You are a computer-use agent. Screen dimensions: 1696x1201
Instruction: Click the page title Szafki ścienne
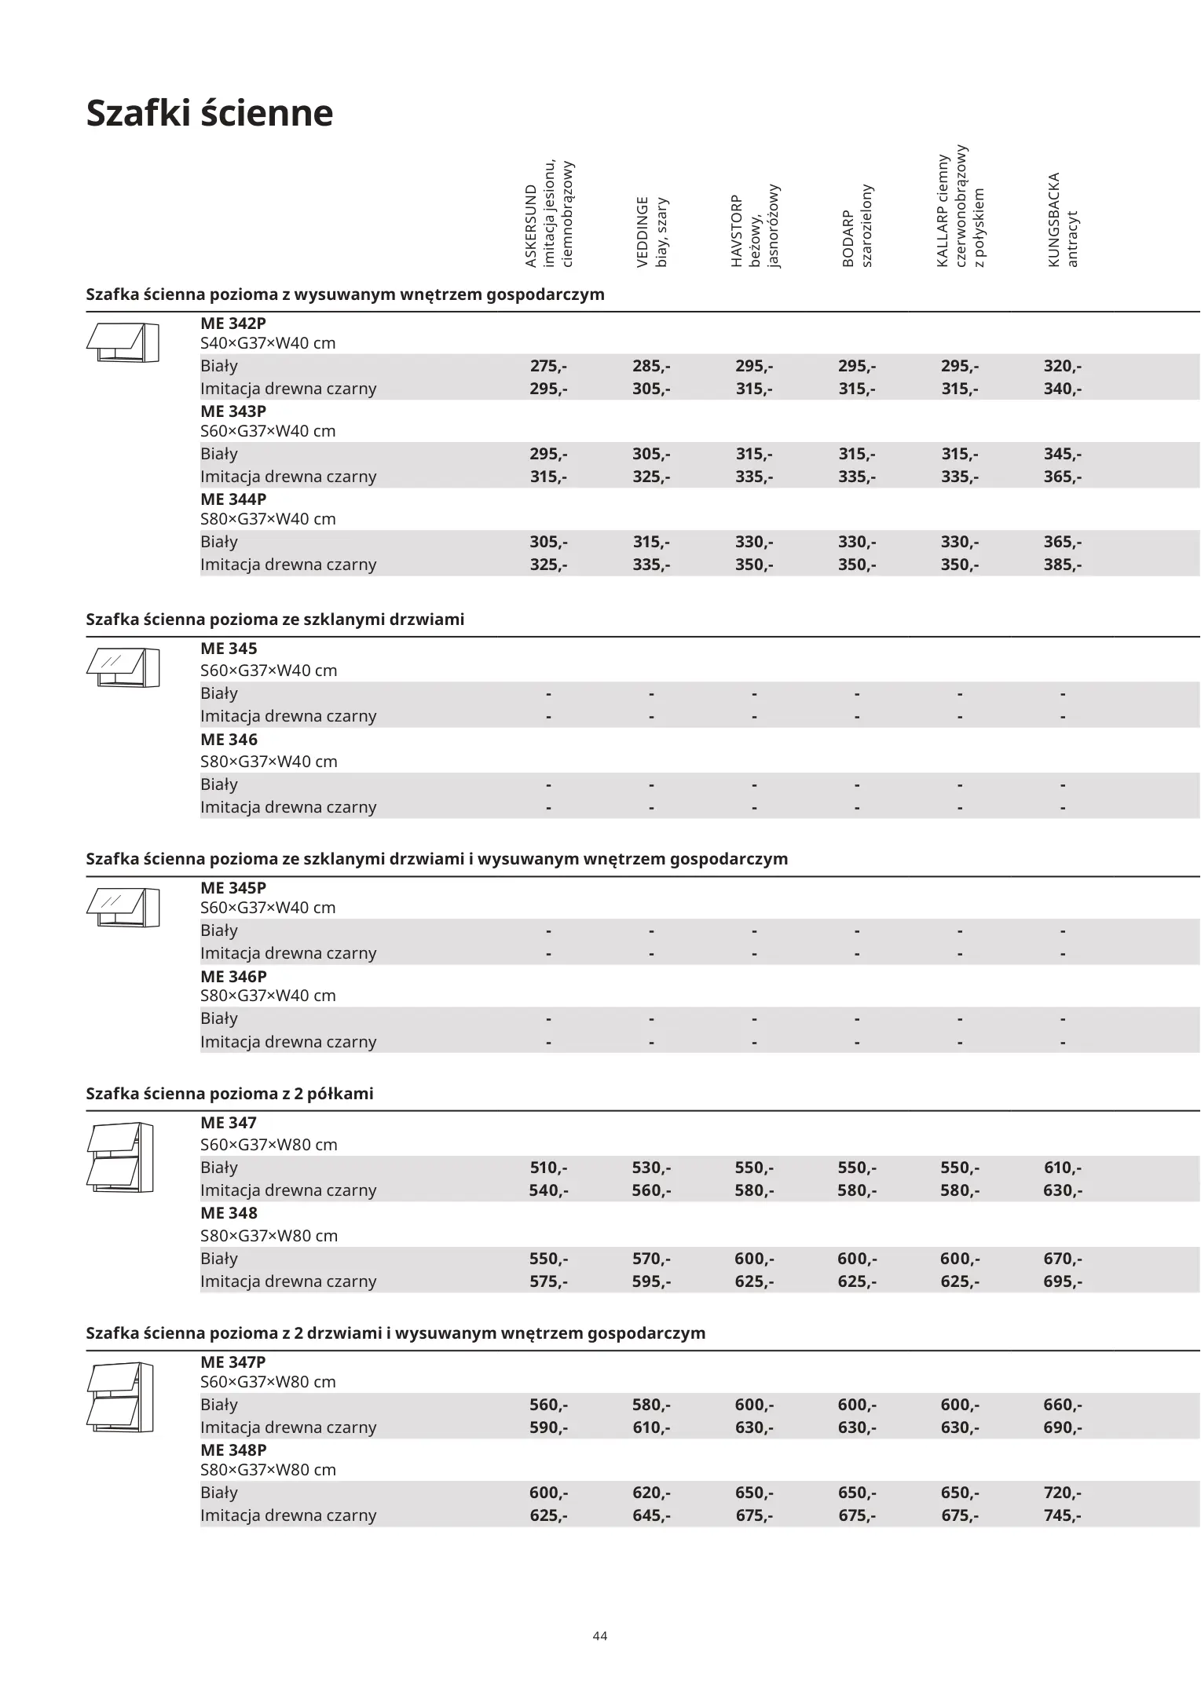pos(210,113)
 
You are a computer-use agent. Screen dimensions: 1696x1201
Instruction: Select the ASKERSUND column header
pos(549,214)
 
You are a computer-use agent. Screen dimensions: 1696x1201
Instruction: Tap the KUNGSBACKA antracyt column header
pos(1063,220)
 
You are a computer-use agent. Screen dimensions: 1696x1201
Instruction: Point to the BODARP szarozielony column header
pos(857,226)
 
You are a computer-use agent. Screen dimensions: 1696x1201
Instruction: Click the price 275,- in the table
pos(548,366)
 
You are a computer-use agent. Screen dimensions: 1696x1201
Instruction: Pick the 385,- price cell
pos(1062,565)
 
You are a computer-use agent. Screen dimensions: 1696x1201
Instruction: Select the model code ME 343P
pos(233,411)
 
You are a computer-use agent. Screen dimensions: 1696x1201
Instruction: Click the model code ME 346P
pos(233,977)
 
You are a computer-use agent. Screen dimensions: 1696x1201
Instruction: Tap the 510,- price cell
pos(548,1168)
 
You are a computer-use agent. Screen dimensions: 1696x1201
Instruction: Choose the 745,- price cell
pos(1062,1515)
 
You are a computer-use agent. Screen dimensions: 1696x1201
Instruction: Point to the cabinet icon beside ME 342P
pos(123,342)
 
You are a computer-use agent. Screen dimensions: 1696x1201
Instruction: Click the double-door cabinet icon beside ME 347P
pos(120,1398)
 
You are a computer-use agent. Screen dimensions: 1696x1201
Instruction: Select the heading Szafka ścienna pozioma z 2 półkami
pos(229,1094)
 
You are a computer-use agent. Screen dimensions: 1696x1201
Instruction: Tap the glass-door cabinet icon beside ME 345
pos(123,667)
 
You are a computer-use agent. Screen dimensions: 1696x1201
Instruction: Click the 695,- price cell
pos(1062,1281)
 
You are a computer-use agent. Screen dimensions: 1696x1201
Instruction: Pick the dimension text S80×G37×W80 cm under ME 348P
pos(268,1470)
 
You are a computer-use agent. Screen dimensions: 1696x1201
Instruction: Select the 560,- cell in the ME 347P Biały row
pos(548,1405)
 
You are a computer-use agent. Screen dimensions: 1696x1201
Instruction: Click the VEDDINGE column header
pos(652,232)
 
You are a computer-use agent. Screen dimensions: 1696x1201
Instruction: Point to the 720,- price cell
pos(1062,1493)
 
